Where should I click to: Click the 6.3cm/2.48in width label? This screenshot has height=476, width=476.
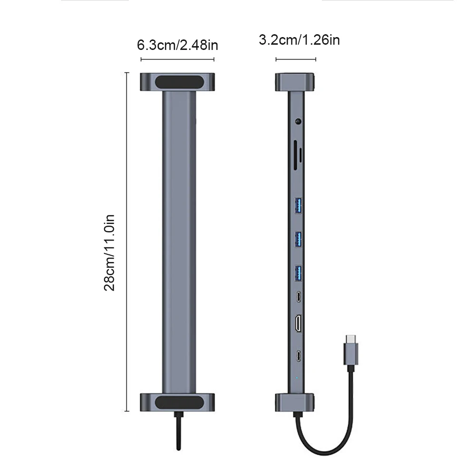click(x=177, y=45)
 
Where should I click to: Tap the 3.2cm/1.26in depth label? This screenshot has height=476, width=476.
click(x=299, y=39)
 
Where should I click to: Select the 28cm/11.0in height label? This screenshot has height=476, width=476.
click(x=110, y=253)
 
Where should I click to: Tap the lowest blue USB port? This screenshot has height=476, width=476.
click(x=299, y=272)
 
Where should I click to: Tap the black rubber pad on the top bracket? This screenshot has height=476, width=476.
click(x=177, y=81)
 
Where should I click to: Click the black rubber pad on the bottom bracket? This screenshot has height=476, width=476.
click(x=177, y=402)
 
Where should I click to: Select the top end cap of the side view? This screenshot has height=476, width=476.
click(x=295, y=81)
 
